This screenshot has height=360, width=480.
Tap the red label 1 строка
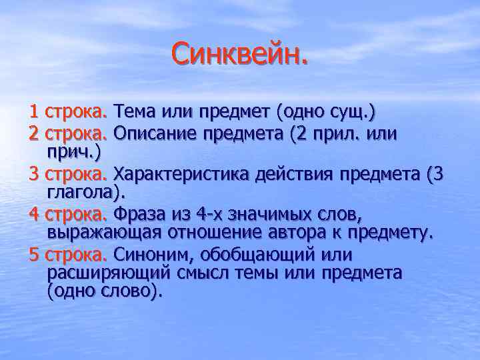pos(69,110)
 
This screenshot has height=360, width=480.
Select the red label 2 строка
pos(69,134)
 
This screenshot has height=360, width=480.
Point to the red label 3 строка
pos(69,175)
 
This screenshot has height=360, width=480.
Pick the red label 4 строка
pos(69,215)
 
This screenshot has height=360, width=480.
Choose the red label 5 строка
pos(69,255)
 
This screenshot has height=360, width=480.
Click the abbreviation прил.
pos(337,134)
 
